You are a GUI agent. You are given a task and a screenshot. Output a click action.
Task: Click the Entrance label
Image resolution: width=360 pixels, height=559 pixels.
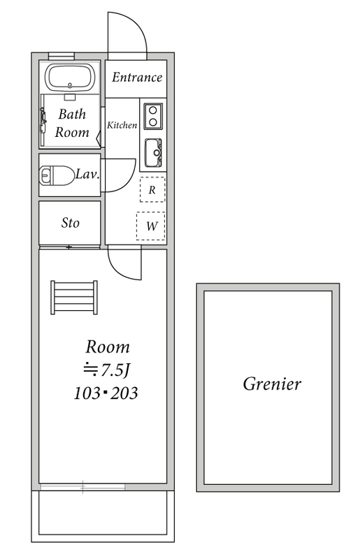point(136,77)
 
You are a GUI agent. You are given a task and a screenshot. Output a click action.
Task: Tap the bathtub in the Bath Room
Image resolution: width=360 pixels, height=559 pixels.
point(71,78)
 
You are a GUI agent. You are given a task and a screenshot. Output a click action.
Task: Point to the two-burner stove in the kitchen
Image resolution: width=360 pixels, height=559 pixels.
point(153,116)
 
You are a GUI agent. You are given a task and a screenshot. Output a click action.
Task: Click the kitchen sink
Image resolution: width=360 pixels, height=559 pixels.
point(153,152)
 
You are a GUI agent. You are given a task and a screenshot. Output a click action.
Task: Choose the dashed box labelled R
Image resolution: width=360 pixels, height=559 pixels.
point(152,189)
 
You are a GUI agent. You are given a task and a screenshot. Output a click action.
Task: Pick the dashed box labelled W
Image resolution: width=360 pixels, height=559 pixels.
point(151,226)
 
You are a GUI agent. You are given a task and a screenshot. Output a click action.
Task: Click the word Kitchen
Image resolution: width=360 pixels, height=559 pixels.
point(122,125)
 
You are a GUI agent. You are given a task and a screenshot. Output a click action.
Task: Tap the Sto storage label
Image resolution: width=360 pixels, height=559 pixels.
point(70,223)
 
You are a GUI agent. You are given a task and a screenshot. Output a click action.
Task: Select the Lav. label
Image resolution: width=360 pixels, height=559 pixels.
point(87,174)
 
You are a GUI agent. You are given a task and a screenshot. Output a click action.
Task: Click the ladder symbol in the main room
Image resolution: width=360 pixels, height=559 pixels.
point(74,298)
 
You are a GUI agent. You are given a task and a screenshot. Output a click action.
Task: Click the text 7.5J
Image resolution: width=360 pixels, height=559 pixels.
point(114,371)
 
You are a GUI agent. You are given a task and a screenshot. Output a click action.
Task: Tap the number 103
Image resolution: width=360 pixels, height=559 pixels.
point(87,393)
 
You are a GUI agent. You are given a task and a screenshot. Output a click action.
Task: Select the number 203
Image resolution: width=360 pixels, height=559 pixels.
point(124,393)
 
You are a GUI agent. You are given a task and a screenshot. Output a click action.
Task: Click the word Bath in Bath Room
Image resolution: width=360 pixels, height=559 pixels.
point(72,114)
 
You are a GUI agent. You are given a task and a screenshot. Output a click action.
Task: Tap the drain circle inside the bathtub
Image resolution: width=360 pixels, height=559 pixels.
point(70,85)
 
